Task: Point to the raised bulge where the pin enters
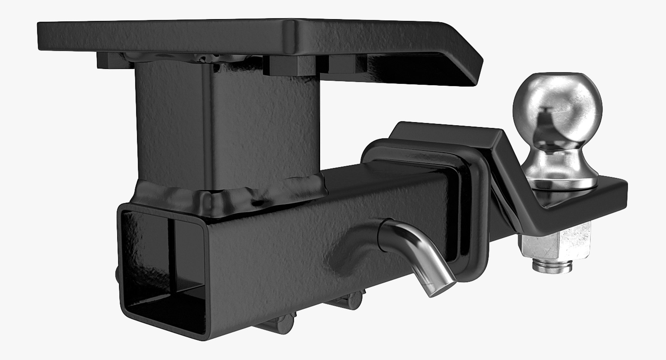click(x=354, y=243)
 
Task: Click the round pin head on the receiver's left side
click(x=117, y=277)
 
